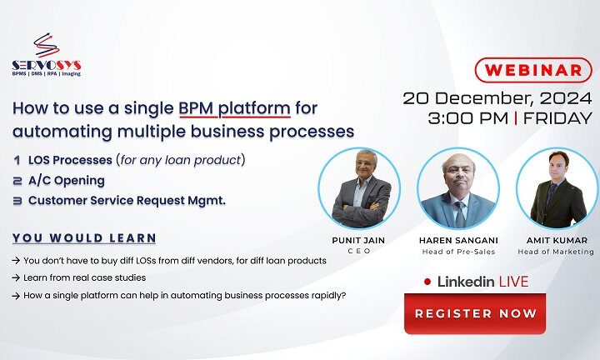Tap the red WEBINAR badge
click(529, 69)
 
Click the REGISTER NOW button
click(475, 313)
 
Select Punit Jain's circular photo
click(361, 190)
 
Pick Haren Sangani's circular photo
click(457, 190)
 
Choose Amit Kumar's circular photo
click(557, 190)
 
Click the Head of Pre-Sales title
click(457, 252)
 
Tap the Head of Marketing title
click(557, 252)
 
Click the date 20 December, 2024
click(497, 97)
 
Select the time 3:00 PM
click(467, 118)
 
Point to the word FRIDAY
click(557, 118)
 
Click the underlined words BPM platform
click(234, 108)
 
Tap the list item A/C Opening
click(66, 180)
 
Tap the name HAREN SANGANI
click(457, 240)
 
